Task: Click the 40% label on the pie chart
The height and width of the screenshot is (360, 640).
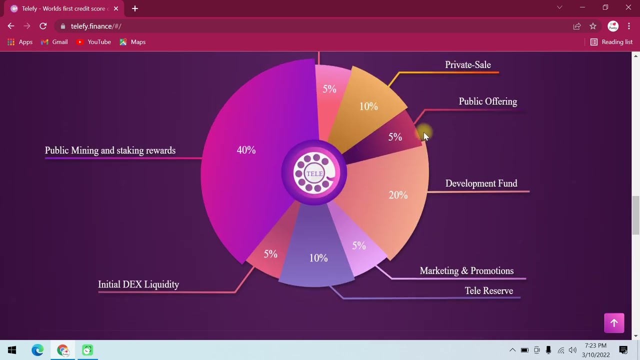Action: pyautogui.click(x=246, y=150)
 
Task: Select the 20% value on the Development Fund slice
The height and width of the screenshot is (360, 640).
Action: pyautogui.click(x=398, y=195)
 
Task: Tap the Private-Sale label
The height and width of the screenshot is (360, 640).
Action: pyautogui.click(x=467, y=65)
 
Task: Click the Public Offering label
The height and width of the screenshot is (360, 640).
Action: pyautogui.click(x=487, y=101)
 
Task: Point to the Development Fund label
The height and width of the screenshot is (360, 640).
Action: pyautogui.click(x=481, y=183)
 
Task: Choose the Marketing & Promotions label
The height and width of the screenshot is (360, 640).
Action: pyautogui.click(x=466, y=271)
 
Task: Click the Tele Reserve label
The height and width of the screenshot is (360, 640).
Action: pyautogui.click(x=488, y=291)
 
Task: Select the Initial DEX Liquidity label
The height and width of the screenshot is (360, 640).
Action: pyautogui.click(x=138, y=284)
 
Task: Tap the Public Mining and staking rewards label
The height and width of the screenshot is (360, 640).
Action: pyautogui.click(x=110, y=150)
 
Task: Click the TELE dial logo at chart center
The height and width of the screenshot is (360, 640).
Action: pyautogui.click(x=314, y=173)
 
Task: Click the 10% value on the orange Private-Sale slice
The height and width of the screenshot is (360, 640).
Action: pyautogui.click(x=368, y=106)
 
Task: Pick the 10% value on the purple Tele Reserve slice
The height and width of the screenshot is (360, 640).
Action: pyautogui.click(x=318, y=258)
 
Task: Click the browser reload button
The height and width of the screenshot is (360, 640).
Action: pyautogui.click(x=43, y=26)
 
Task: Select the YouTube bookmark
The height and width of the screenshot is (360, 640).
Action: pyautogui.click(x=94, y=42)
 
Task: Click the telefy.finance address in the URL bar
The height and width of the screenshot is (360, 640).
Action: pyautogui.click(x=96, y=26)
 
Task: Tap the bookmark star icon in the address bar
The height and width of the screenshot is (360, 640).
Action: pyautogui.click(x=593, y=26)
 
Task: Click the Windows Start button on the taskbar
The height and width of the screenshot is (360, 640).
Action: pyautogui.click(x=12, y=350)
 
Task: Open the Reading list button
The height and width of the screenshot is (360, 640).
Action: pyautogui.click(x=611, y=42)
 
